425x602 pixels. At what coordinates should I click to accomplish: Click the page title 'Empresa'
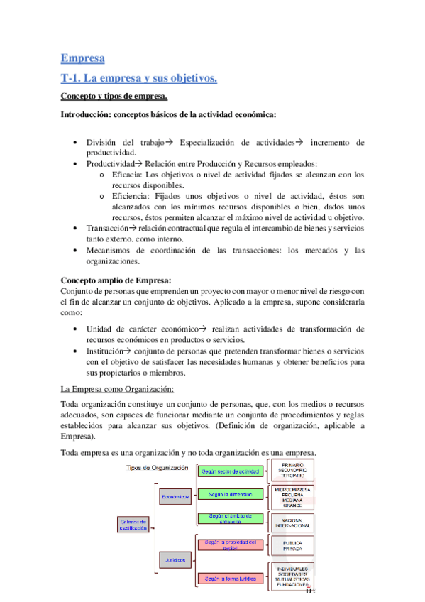click(82, 58)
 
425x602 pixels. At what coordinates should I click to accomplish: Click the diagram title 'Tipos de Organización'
click(157, 468)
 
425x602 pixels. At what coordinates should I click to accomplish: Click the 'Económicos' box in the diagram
click(174, 498)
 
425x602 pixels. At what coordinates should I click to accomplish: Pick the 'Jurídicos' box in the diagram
click(174, 560)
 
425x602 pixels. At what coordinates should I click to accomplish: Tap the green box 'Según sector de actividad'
click(231, 471)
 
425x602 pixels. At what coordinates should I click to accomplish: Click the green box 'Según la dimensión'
click(231, 494)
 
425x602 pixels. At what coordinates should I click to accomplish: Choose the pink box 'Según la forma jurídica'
click(231, 579)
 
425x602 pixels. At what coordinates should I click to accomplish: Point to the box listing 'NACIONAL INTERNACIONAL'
click(292, 523)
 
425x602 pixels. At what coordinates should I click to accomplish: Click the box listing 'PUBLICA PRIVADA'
click(292, 547)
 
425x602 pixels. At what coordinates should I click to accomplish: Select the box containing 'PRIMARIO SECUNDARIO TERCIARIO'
click(292, 471)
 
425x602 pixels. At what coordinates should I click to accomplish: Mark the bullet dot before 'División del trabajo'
click(75, 142)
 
